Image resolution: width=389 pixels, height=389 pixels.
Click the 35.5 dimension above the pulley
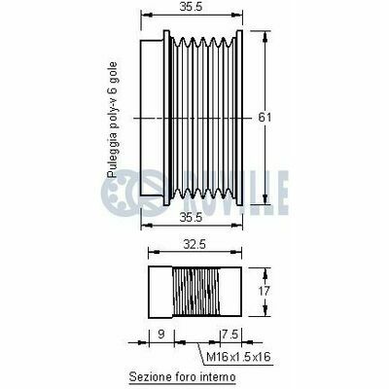191,7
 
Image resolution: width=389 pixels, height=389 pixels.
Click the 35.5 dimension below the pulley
191,218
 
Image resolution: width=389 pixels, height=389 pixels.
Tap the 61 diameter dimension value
265,117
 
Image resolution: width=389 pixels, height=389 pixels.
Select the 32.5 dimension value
194,244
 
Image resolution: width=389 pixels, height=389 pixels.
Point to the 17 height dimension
265,291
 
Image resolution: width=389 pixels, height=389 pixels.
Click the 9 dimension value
161,334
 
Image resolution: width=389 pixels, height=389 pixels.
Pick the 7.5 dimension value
230,334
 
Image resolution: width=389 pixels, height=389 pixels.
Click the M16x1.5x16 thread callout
238,357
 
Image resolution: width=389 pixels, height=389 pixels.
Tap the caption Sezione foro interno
182,377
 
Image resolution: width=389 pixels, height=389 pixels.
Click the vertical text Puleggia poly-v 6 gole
112,120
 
